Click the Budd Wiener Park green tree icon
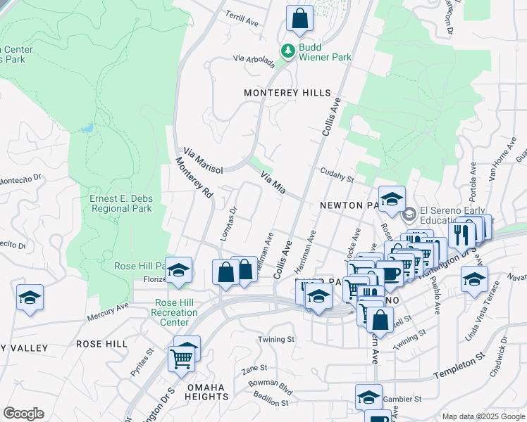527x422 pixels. tap(287, 51)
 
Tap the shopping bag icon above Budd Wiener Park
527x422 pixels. tap(299, 19)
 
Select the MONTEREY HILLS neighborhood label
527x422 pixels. tap(287, 93)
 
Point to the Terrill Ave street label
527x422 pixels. tap(242, 18)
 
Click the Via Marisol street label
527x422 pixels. tap(203, 161)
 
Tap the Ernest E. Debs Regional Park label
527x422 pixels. tap(120, 203)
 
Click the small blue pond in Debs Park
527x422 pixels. tap(87, 128)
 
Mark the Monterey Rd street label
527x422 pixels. tap(194, 178)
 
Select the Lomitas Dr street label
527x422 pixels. tap(229, 224)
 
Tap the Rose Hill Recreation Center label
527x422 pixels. tap(172, 312)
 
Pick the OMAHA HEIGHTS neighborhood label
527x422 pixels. tap(209, 392)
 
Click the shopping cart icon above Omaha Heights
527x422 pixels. tap(182, 359)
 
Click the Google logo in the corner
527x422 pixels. tap(23, 414)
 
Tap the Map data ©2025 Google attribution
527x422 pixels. tap(483, 416)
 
